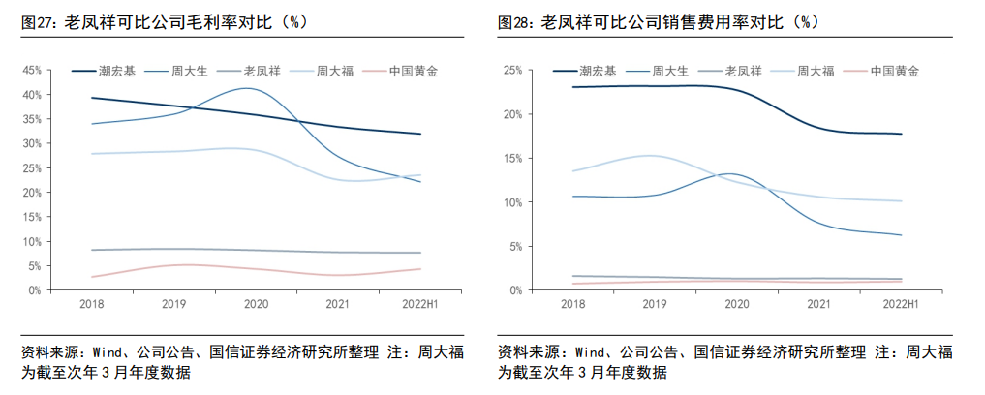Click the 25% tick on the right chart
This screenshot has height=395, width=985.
pyautogui.click(x=512, y=71)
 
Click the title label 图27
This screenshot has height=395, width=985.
pyautogui.click(x=39, y=21)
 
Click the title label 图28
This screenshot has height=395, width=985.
pyautogui.click(x=515, y=21)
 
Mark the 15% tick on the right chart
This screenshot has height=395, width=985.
pyautogui.click(x=512, y=159)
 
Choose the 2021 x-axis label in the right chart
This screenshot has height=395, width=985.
pyautogui.click(x=818, y=304)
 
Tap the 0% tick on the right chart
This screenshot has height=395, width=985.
pyautogui.click(x=515, y=290)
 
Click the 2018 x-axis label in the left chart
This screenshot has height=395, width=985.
pyautogui.click(x=93, y=304)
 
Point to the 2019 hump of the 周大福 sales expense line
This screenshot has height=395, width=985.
pyautogui.click(x=647, y=155)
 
